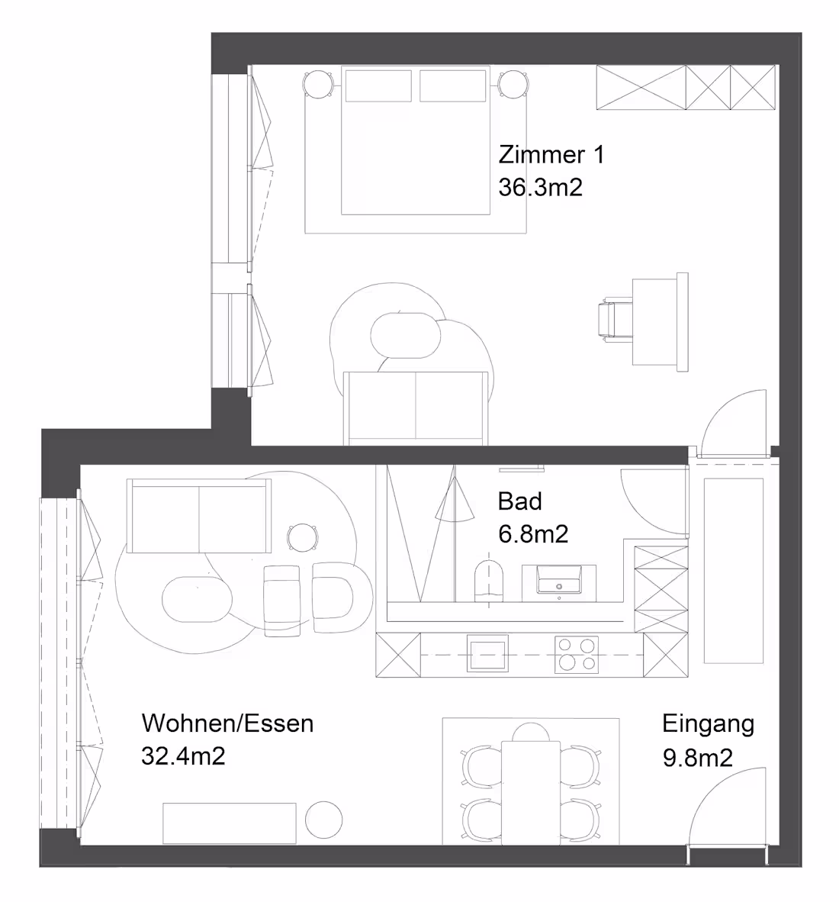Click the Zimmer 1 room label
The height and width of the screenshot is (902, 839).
[551, 155]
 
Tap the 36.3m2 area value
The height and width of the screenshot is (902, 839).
[540, 187]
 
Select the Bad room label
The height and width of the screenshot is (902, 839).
[519, 501]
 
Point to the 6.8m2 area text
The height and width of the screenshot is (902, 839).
[533, 534]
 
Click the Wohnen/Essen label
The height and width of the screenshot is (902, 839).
[227, 723]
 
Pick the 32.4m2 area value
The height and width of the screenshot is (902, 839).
[183, 756]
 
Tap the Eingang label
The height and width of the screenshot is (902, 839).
[708, 723]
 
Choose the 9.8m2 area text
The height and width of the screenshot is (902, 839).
[698, 758]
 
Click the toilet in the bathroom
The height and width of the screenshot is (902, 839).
[490, 580]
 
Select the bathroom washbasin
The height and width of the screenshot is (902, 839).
[560, 579]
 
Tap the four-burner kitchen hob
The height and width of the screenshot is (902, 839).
[576, 654]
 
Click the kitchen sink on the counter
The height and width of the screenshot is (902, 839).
[486, 655]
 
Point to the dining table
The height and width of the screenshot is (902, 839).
[530, 790]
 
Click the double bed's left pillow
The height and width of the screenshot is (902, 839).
[378, 85]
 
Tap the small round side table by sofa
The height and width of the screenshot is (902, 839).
[304, 537]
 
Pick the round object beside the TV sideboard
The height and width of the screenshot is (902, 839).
[324, 820]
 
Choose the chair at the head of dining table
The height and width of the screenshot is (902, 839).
[530, 732]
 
